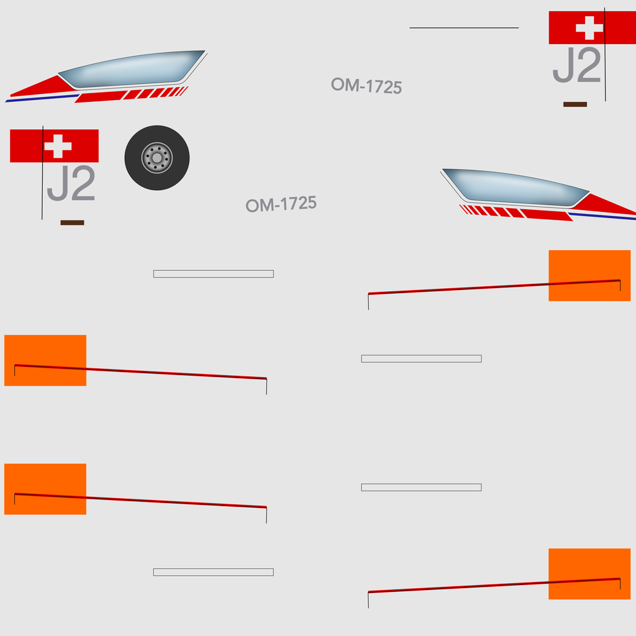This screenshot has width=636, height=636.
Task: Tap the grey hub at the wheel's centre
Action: (x=157, y=158)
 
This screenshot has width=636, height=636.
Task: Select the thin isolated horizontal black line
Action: (x=464, y=27)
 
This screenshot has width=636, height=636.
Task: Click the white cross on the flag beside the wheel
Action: (x=58, y=146)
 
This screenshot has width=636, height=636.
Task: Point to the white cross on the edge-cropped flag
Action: (x=589, y=27)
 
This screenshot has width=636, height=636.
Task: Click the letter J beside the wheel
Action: (x=58, y=183)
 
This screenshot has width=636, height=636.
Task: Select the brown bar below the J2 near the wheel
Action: (x=72, y=223)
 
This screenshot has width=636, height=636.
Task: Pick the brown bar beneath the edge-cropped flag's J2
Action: (x=575, y=104)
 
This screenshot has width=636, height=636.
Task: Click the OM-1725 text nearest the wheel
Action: (x=281, y=204)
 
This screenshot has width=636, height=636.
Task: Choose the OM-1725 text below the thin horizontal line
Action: (x=366, y=86)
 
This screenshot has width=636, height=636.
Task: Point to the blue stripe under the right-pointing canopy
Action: (x=602, y=216)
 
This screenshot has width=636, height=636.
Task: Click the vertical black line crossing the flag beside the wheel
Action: (x=42, y=173)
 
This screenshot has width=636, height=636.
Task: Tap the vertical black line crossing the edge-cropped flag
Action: (x=605, y=55)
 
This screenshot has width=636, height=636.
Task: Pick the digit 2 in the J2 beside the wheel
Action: (x=83, y=183)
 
